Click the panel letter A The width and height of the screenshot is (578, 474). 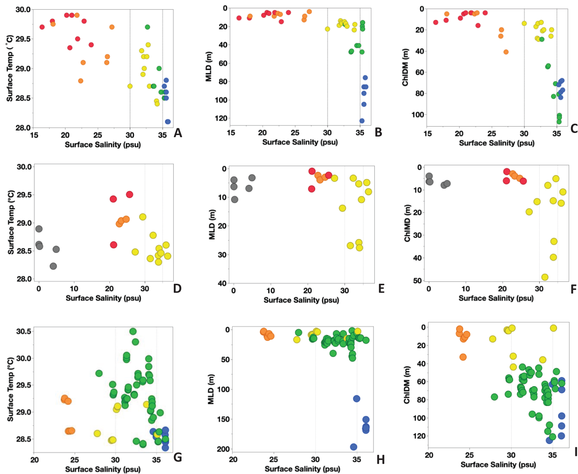178,133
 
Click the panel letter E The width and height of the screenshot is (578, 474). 381,288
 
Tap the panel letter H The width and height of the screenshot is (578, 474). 380,460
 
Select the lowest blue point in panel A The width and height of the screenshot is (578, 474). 168,122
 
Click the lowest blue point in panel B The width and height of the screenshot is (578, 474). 362,121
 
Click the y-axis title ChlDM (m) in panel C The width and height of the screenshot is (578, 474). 405,67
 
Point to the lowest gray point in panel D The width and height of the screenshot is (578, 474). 53,266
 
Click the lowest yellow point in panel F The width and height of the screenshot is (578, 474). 545,277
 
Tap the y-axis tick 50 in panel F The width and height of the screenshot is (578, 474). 417,280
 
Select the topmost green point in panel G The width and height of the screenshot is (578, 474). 133,331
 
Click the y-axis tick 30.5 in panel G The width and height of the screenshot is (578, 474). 24,331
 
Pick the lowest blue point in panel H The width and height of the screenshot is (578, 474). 354,447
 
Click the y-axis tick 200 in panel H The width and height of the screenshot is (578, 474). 223,449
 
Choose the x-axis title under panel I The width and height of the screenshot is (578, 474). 498,465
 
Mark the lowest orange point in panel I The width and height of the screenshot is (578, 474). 463,357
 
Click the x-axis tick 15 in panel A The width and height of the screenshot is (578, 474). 34,135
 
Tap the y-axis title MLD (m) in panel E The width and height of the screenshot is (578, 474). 212,225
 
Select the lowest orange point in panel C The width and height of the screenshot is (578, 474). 506,52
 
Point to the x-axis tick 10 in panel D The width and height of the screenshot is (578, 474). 74,288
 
